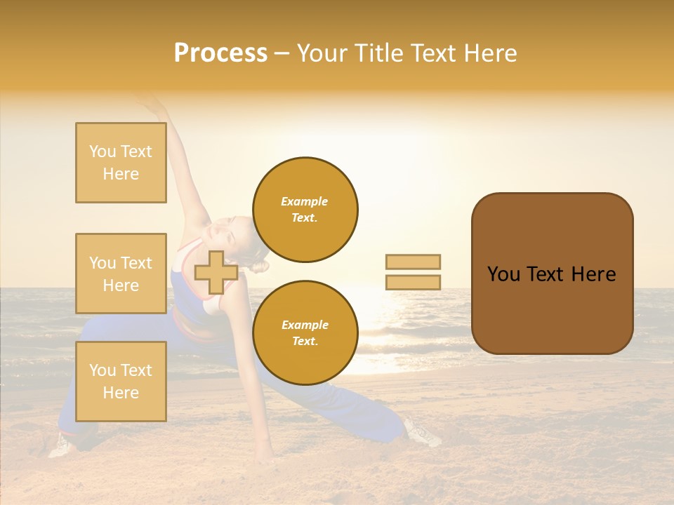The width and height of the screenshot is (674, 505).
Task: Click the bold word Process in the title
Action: (220, 53)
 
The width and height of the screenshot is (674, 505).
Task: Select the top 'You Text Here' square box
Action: (121, 163)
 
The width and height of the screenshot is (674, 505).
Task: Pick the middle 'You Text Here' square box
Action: (121, 274)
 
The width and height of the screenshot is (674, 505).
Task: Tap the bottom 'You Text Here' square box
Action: (121, 381)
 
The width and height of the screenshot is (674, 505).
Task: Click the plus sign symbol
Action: (216, 272)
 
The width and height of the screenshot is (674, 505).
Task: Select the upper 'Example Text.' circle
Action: (305, 210)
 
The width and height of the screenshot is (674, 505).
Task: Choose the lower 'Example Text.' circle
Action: (305, 333)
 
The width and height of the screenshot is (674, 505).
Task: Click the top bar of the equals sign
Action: (413, 262)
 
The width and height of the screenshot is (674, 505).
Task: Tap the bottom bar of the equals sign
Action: (413, 282)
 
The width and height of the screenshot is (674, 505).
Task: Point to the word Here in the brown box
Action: (593, 274)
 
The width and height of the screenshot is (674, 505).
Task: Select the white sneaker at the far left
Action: (62, 445)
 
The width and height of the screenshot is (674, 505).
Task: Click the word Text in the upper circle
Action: (304, 218)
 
